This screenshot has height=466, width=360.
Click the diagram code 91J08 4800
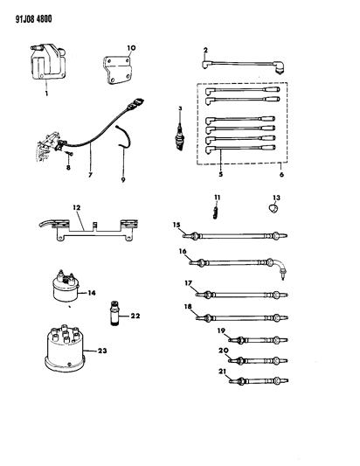(x=31, y=13)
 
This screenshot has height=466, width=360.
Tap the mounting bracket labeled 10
(x=118, y=69)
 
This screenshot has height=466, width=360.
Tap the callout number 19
(x=223, y=330)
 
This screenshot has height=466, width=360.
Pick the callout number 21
(x=223, y=370)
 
